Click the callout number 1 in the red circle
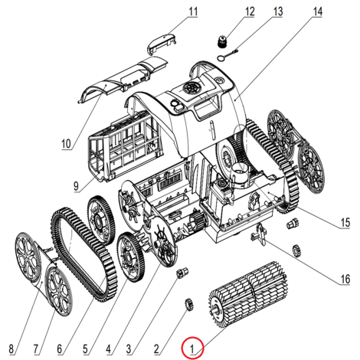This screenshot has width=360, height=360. (192, 349)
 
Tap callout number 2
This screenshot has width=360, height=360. (156, 349)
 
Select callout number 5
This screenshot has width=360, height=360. (86, 349)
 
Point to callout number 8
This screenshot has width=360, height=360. (11, 349)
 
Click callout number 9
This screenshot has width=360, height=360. (76, 186)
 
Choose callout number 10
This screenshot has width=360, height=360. (66, 144)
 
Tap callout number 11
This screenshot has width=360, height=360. (193, 11)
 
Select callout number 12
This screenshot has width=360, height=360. (250, 11)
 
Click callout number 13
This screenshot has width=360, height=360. (278, 11)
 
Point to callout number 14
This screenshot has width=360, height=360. (317, 11)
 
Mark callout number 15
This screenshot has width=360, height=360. (345, 223)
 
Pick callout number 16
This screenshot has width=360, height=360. (345, 279)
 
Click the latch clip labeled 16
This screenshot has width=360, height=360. (260, 234)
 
